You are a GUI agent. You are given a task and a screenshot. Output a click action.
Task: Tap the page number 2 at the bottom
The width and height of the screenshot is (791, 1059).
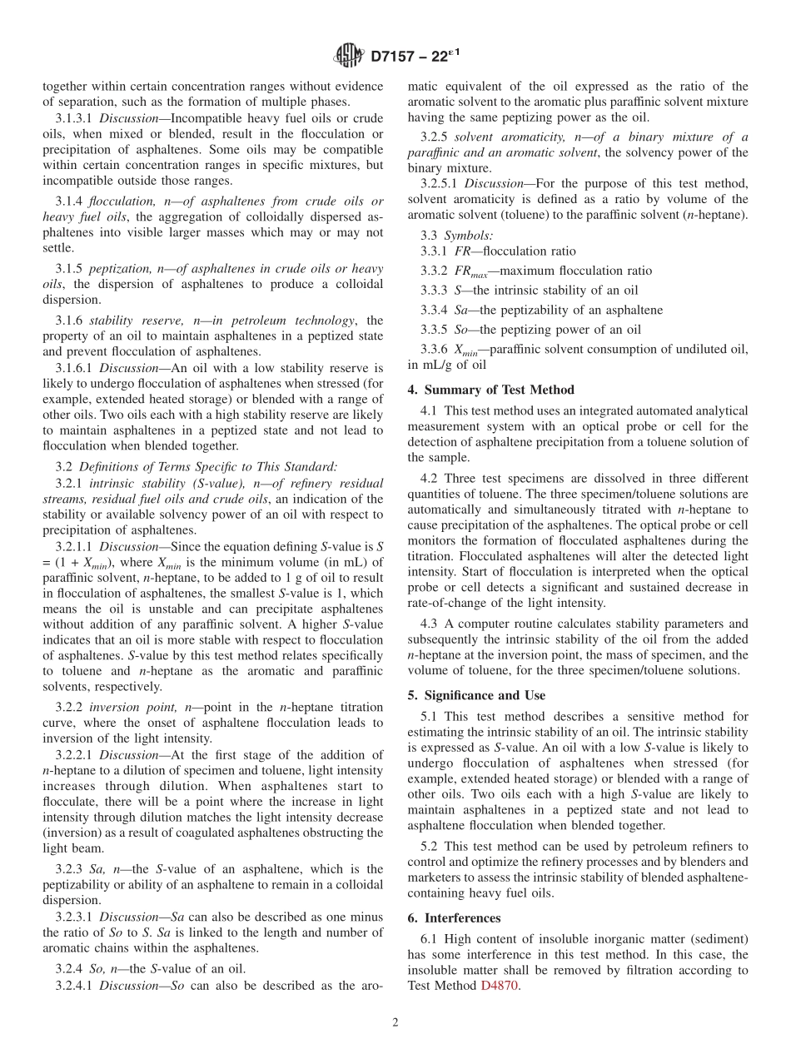tap(395, 1023)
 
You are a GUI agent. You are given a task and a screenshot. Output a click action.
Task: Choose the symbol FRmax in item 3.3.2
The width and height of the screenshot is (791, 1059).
tap(470, 271)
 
